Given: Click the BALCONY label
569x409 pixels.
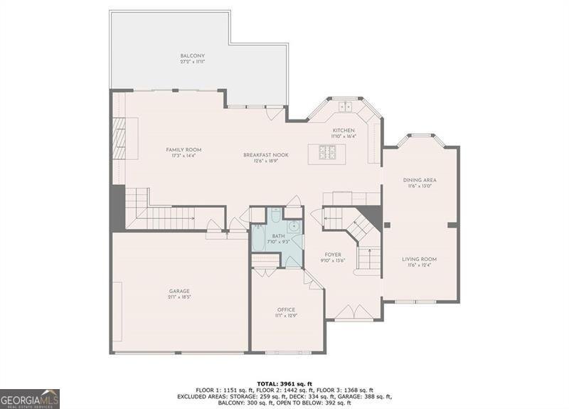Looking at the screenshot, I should click(192, 55).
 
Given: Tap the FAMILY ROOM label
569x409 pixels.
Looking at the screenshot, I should click(184, 149).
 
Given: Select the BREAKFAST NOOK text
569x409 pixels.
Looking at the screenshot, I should click(260, 154).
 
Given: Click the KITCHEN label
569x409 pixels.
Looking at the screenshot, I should click(344, 131).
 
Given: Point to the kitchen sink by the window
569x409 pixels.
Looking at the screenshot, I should click(345, 107).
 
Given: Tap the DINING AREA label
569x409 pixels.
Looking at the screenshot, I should click(420, 180).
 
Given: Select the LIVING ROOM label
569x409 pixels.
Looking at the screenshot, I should click(420, 259).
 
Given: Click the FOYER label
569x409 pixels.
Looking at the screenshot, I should click(333, 254).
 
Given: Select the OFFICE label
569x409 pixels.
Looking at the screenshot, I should click(286, 309).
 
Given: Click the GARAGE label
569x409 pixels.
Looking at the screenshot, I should click(179, 290).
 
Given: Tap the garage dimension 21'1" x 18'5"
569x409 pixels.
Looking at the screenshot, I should click(179, 297).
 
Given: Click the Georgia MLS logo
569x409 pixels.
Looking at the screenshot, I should click(30, 398).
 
